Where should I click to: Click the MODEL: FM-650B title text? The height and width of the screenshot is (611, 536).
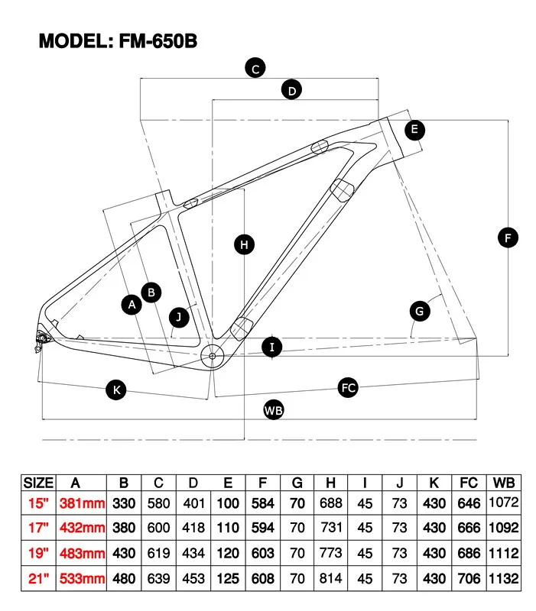118,40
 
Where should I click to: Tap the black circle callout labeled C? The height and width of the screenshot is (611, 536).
255,68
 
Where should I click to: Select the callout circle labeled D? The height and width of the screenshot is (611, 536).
291,90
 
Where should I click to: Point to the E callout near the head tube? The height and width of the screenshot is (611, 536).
414,129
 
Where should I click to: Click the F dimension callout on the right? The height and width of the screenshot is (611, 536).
508,238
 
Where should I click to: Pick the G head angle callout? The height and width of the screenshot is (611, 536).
420,311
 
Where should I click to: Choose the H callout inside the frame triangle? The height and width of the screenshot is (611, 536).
243,244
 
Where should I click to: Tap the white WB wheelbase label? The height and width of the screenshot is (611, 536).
273,410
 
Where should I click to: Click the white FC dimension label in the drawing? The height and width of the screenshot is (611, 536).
349,388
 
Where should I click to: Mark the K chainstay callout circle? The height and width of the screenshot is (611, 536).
116,390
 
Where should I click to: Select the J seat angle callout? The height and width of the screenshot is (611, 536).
178,315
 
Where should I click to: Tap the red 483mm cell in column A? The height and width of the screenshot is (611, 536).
82,554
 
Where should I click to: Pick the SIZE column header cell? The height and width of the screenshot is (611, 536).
38,482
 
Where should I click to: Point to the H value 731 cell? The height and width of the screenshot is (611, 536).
330,529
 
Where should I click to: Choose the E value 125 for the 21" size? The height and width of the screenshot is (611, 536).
228,579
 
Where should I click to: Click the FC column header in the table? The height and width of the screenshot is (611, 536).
468,482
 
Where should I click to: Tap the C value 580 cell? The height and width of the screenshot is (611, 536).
158,503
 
